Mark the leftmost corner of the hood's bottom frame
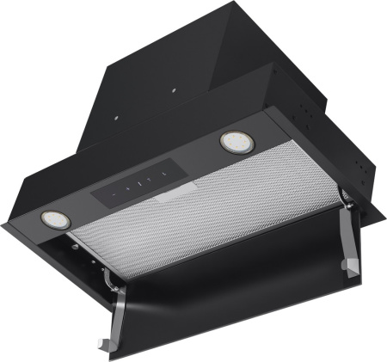point(3,226)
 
